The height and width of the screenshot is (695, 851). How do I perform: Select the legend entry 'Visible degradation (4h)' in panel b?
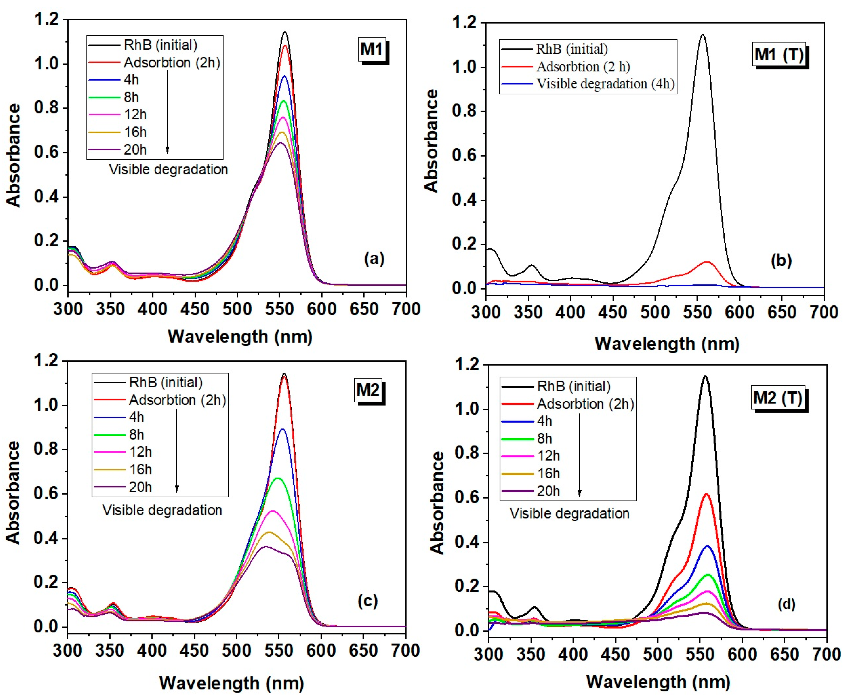click(605, 84)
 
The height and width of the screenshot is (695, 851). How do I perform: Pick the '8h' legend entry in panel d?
click(544, 439)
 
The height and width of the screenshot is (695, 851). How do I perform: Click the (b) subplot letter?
click(781, 261)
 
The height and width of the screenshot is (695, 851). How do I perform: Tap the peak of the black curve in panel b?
click(702, 35)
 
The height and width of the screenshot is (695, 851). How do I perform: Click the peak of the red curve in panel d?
click(706, 495)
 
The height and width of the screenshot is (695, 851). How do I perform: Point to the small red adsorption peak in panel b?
click(706, 262)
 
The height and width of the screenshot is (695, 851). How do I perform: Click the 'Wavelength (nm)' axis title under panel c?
click(231, 683)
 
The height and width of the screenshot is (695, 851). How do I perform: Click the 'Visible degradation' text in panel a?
click(168, 170)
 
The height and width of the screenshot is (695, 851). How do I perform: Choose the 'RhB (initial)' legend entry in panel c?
click(165, 382)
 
